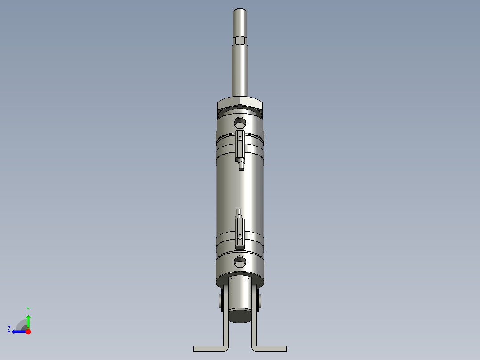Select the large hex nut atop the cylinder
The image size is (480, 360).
coord(240,103)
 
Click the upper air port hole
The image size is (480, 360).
coord(240,122)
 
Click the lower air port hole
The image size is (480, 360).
coord(240,261)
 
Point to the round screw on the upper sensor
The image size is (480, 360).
coord(240,139)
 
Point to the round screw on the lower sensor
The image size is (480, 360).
coord(240,236)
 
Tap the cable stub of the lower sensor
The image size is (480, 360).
coord(239,212)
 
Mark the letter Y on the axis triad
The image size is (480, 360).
coord(28,309)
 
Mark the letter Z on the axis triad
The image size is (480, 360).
coord(9,329)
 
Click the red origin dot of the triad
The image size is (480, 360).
coord(28,331)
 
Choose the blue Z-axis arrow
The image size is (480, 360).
coord(18,331)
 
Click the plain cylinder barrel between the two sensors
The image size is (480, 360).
coord(240,189)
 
